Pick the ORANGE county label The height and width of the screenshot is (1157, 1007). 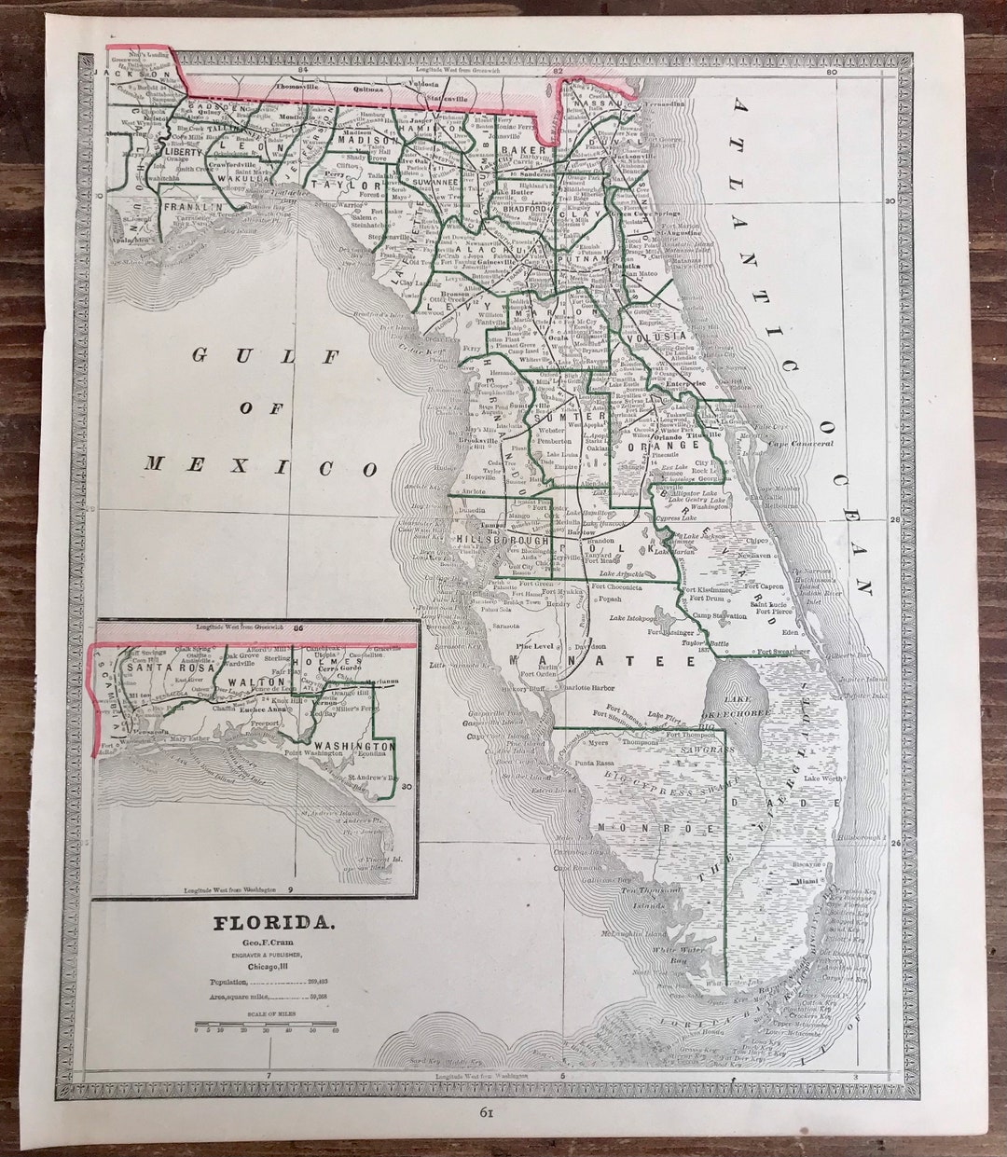663,447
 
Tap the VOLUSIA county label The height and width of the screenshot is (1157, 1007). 656,336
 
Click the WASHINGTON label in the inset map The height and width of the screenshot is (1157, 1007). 352,746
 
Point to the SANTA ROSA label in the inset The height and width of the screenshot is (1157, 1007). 158,668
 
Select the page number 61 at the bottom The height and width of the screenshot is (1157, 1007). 486,1112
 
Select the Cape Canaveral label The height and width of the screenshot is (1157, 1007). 799,444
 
